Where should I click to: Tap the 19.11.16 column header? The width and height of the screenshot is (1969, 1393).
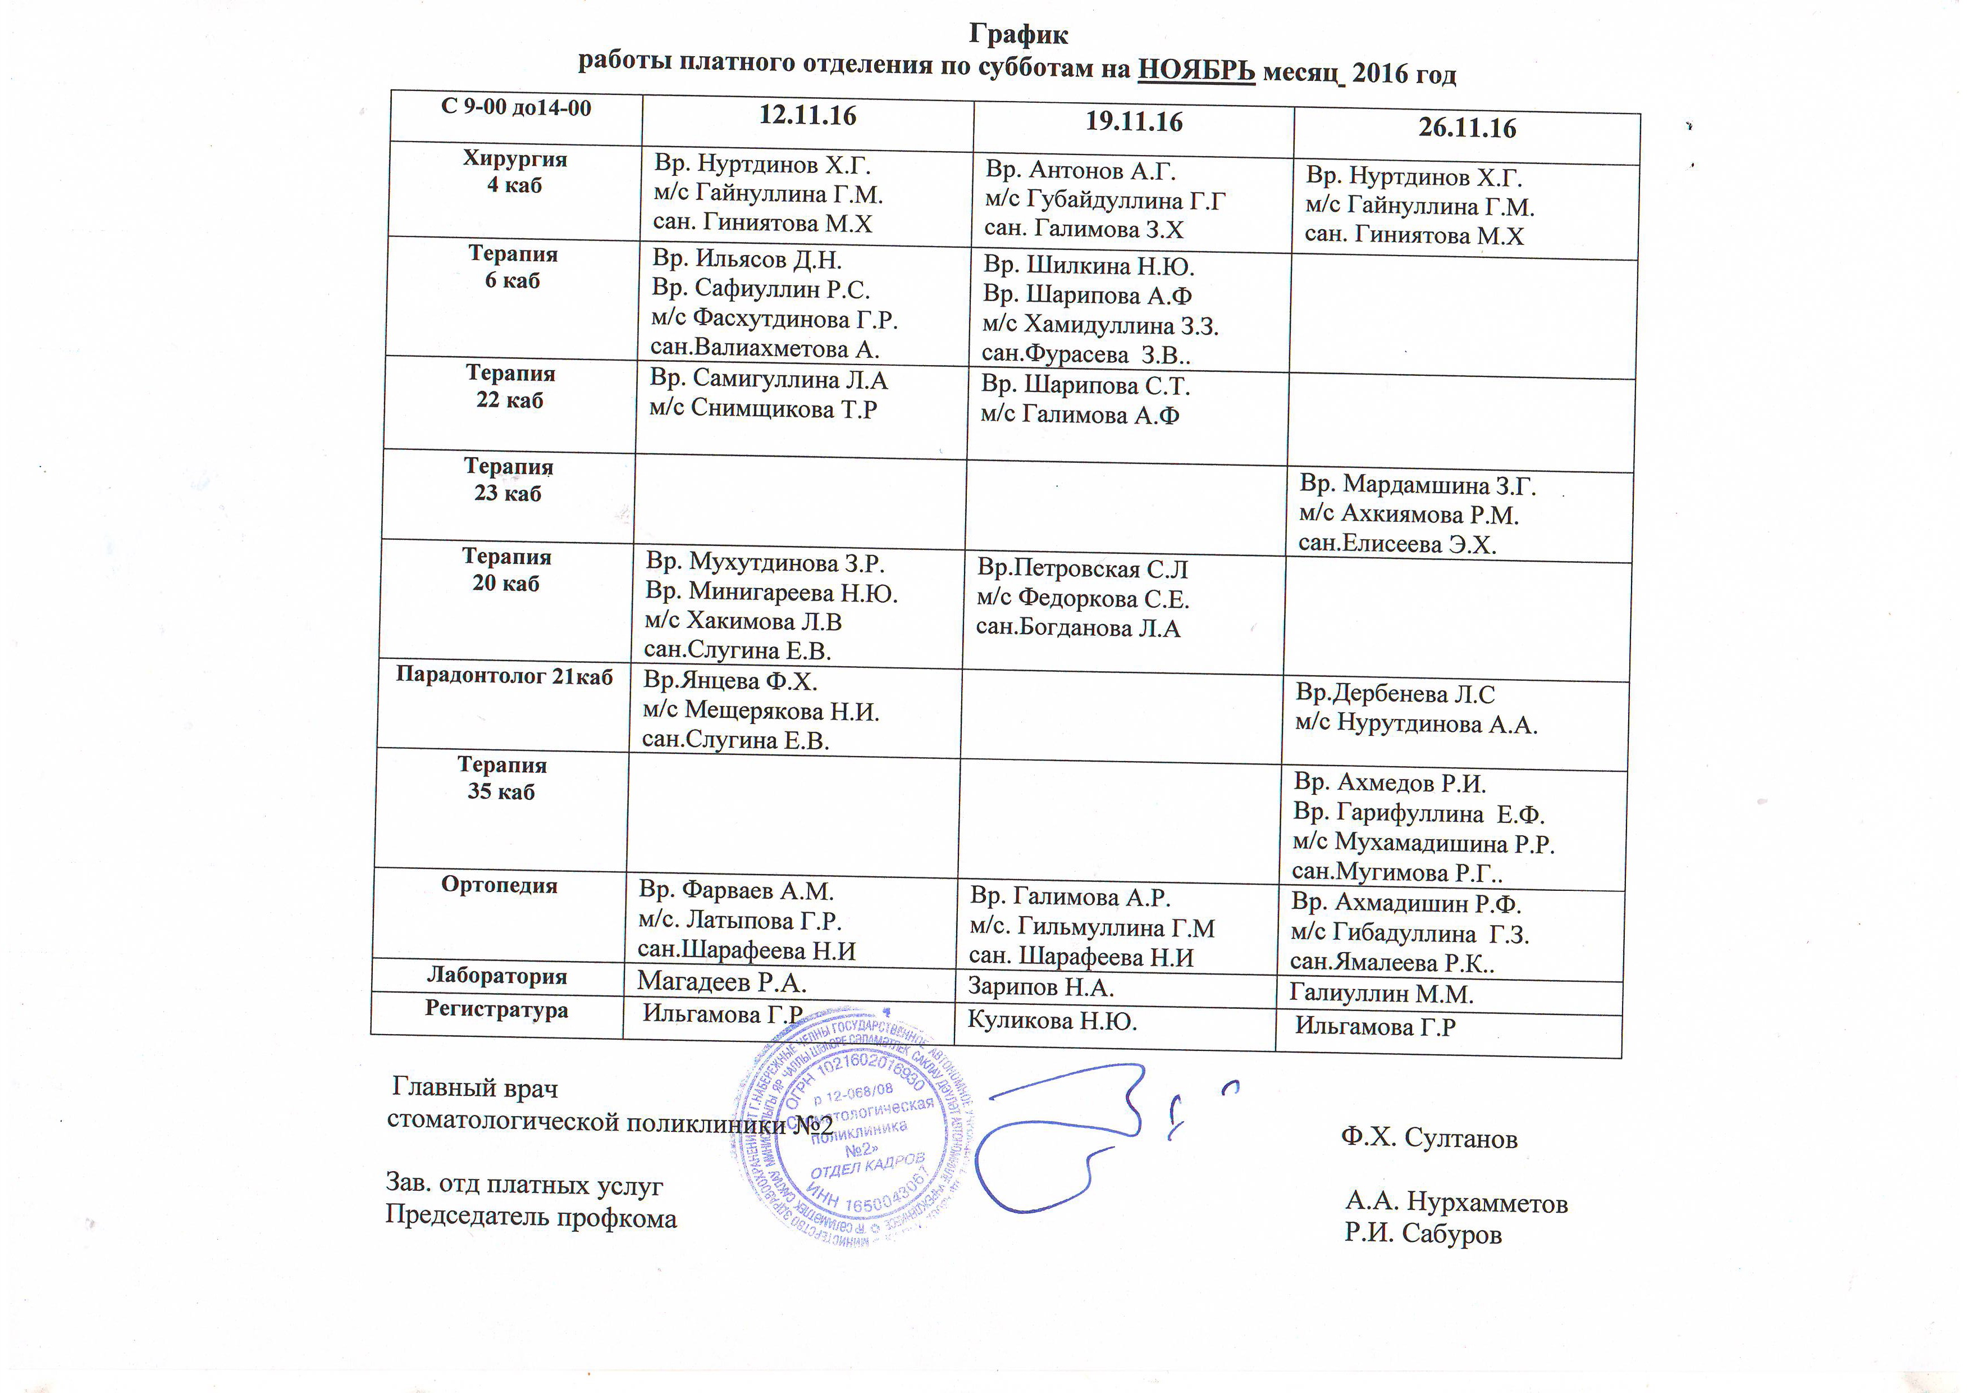1134,122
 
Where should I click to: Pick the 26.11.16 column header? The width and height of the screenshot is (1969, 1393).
1467,128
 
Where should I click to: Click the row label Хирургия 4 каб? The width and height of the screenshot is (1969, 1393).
514,171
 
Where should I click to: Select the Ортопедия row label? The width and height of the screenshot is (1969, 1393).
499,885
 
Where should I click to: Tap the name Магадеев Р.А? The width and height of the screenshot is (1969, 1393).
721,981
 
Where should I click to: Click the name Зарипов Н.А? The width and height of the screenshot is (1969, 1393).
1040,987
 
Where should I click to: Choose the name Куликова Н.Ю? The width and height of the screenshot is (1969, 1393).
1052,1021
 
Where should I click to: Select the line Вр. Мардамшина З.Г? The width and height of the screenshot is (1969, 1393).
1417,485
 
